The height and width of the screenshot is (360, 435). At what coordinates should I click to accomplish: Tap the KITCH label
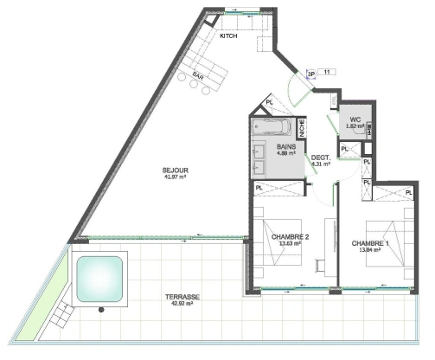click(228, 36)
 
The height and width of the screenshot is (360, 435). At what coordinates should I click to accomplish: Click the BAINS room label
click(286, 148)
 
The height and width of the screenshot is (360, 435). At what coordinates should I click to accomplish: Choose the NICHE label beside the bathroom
click(302, 128)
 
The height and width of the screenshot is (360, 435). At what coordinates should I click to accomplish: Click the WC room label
click(355, 120)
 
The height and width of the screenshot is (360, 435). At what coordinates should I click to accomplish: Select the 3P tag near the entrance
click(310, 74)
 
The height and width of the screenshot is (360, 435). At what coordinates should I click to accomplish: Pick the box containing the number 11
click(328, 72)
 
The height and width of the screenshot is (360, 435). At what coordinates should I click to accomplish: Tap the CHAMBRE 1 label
click(372, 243)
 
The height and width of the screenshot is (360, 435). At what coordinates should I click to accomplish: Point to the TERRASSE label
click(182, 296)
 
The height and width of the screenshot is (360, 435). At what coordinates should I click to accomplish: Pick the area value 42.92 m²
click(182, 304)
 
